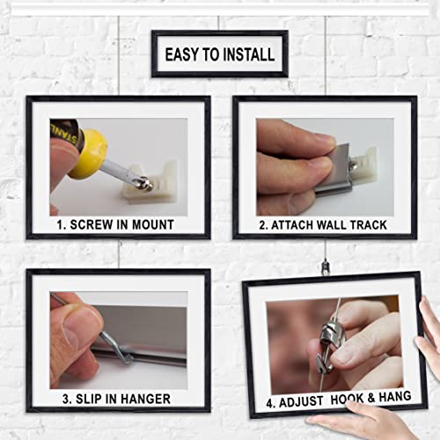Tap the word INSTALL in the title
tap(248, 55)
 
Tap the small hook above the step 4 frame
tap(326, 263)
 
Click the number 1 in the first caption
tap(61, 224)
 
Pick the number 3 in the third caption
tap(65, 399)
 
